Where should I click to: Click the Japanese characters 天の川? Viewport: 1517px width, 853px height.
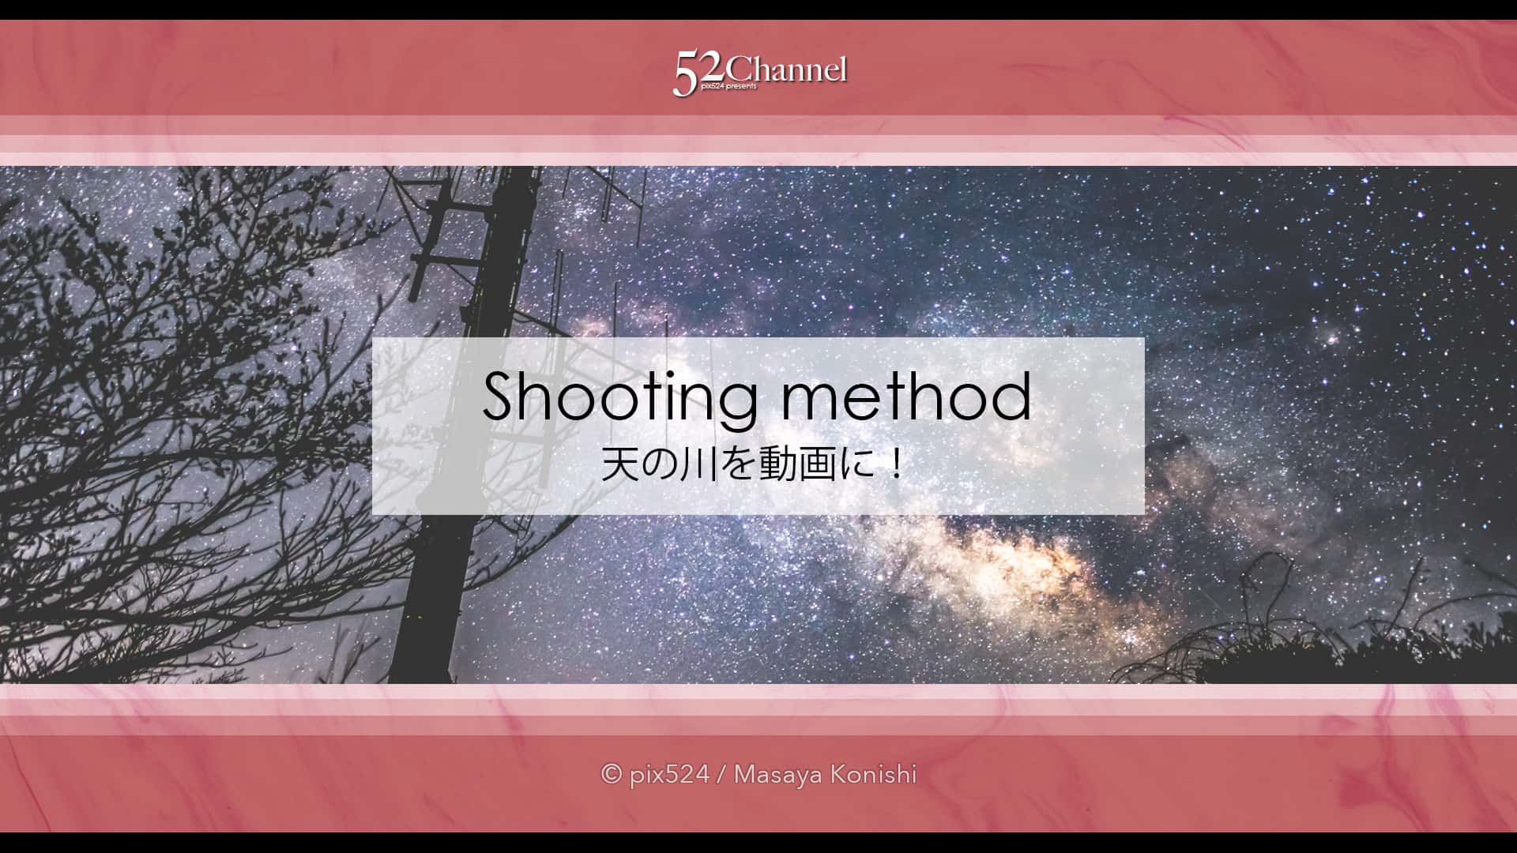[x=660, y=464]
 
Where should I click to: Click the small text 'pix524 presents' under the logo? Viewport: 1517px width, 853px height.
[x=728, y=86]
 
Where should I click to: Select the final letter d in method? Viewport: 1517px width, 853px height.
[x=1013, y=396]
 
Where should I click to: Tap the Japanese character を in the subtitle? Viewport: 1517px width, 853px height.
[x=738, y=464]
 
